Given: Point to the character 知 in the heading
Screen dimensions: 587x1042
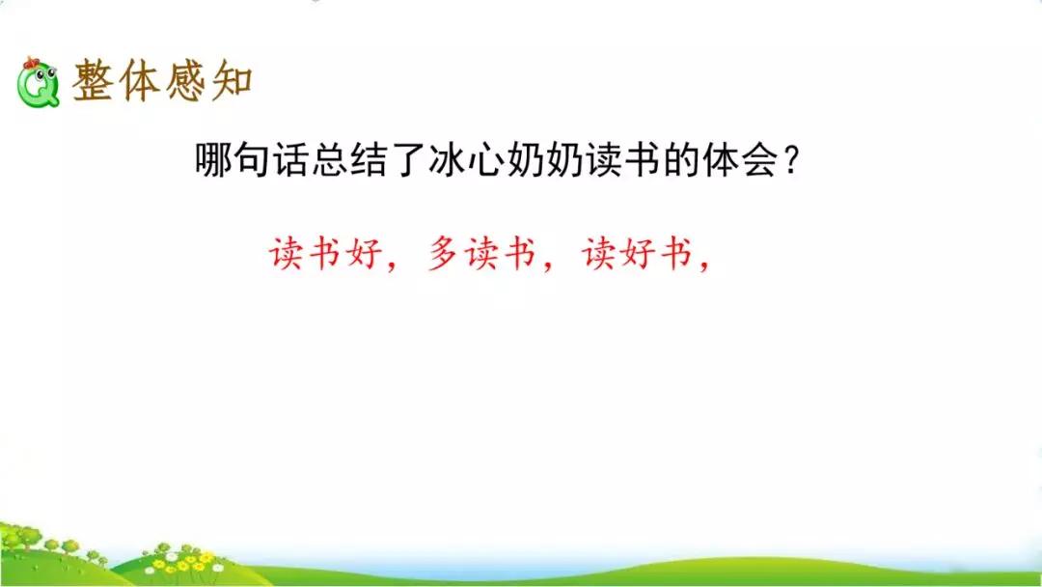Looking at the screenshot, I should pos(231,83).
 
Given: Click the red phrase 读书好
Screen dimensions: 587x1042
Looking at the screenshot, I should pos(324,254).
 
